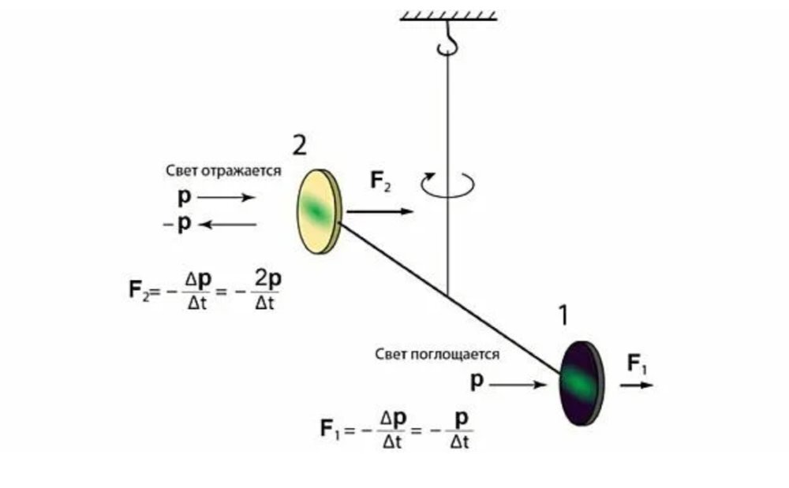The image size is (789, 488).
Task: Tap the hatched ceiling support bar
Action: coord(448,14)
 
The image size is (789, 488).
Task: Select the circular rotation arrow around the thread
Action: coord(447,184)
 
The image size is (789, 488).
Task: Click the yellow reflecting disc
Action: coord(318,210)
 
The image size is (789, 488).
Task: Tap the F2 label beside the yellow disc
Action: coord(380,181)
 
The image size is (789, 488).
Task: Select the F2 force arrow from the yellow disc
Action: coord(379,211)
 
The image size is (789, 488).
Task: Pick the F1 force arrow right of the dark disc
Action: coord(636,385)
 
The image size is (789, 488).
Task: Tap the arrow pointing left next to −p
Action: coord(227,225)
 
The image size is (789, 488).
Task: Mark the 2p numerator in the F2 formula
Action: coord(265,278)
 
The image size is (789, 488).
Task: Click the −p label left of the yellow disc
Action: coord(178,224)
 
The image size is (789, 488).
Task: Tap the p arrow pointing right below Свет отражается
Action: coord(226,196)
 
